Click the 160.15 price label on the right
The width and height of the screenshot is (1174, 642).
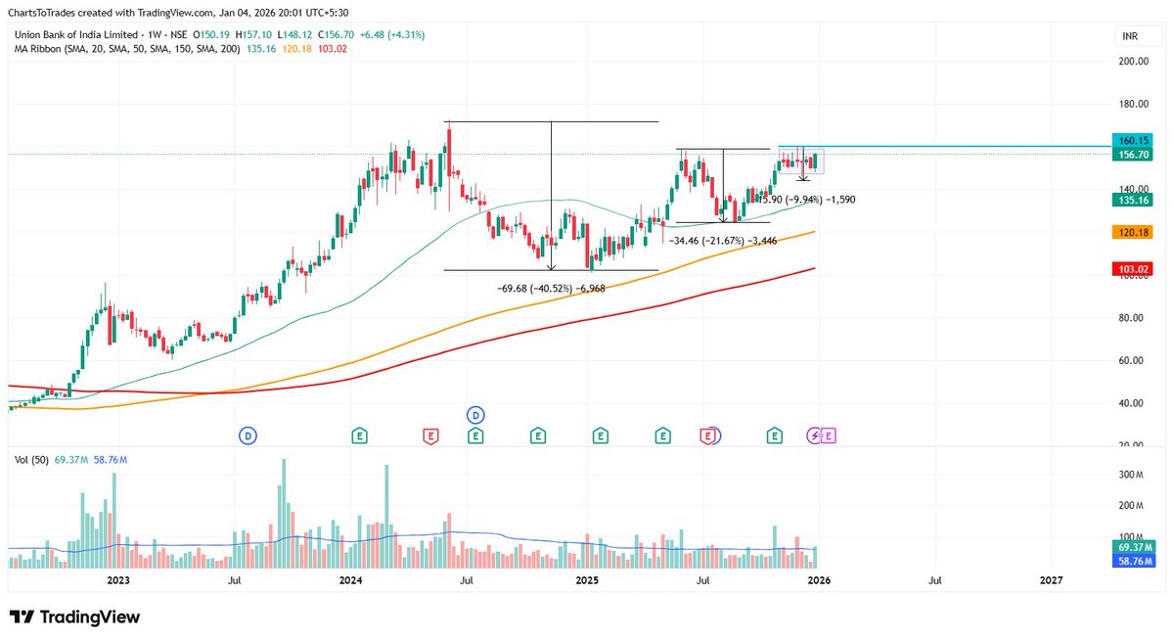(x=1135, y=140)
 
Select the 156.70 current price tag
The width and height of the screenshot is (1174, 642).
(x=1135, y=154)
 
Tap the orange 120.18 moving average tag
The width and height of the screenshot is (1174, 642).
(x=1135, y=232)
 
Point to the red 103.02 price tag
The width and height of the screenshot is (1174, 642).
(x=1135, y=268)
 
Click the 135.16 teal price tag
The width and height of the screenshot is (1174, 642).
(x=1135, y=200)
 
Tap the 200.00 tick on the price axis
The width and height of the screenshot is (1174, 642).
(x=1134, y=61)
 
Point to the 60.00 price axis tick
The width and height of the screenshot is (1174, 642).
(x=1131, y=360)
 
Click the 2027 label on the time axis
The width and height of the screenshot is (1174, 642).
(x=1051, y=580)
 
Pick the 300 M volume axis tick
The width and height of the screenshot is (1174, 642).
(x=1133, y=475)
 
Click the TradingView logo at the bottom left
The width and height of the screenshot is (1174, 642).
(x=74, y=618)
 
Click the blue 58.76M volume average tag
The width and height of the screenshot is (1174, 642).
(x=1135, y=561)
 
